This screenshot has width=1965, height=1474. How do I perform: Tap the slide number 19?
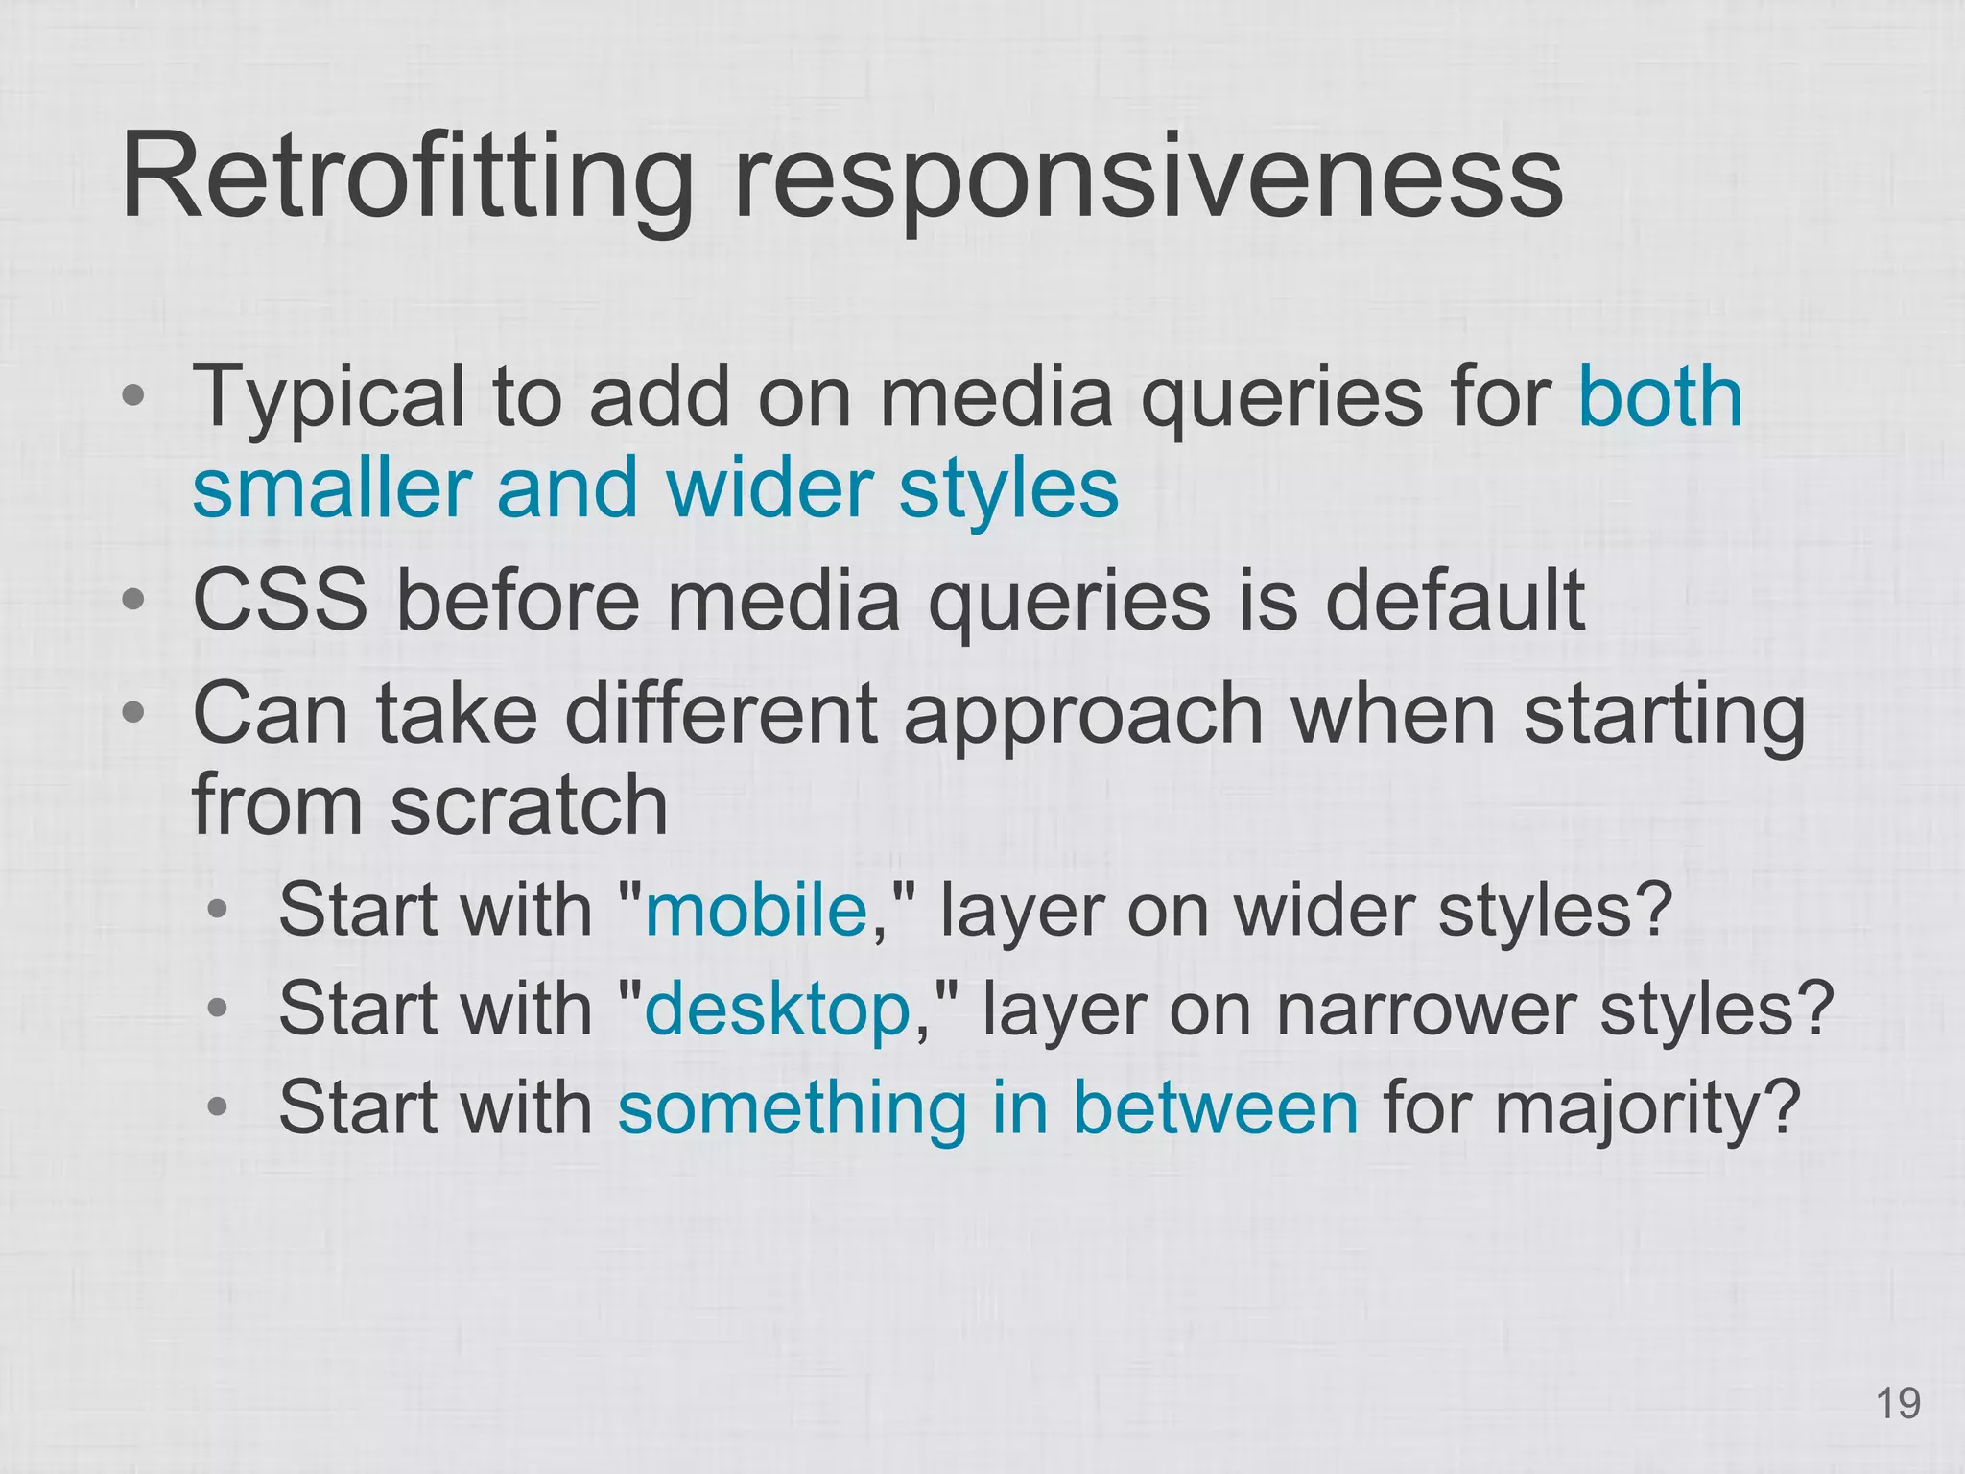pos(1897,1404)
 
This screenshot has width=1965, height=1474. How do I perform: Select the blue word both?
pos(1660,396)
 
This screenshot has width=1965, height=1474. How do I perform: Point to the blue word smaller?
pos(332,487)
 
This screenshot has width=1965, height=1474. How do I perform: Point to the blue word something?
pos(793,1107)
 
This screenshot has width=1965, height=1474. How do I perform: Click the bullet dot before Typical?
pos(133,395)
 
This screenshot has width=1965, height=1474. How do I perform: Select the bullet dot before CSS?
pos(133,600)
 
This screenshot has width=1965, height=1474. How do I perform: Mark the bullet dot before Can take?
pos(133,712)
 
